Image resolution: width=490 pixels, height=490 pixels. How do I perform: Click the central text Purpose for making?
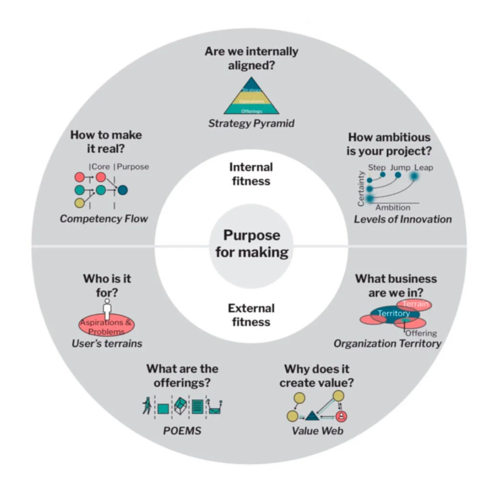pyautogui.click(x=251, y=244)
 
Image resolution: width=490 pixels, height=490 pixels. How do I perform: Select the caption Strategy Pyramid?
pyautogui.click(x=251, y=123)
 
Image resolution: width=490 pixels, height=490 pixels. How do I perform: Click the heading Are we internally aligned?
pyautogui.click(x=251, y=58)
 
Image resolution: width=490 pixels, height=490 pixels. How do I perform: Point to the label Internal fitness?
pyautogui.click(x=251, y=174)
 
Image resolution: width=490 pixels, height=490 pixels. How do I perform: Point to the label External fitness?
pyautogui.click(x=251, y=315)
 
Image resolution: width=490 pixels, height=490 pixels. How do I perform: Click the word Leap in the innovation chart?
pyautogui.click(x=423, y=167)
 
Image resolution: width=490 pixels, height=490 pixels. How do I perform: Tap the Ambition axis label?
pyautogui.click(x=392, y=208)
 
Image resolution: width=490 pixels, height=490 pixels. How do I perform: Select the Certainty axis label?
pyautogui.click(x=362, y=189)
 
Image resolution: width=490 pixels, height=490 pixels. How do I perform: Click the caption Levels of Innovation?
pyautogui.click(x=402, y=219)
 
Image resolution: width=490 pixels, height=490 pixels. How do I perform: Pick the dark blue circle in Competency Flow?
pyautogui.click(x=122, y=190)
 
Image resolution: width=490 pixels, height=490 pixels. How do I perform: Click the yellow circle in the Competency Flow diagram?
pyautogui.click(x=80, y=203)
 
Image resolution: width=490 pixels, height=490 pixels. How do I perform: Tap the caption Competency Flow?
pyautogui.click(x=104, y=219)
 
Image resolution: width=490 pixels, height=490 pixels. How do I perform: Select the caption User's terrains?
pyautogui.click(x=107, y=343)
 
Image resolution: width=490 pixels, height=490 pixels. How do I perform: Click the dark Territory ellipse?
pyautogui.click(x=394, y=314)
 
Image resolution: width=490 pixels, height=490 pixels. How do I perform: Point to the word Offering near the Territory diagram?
pyautogui.click(x=421, y=333)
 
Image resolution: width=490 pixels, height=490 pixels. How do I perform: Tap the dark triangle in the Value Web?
pyautogui.click(x=312, y=415)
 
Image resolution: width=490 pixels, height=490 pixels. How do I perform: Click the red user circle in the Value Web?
pyautogui.click(x=341, y=416)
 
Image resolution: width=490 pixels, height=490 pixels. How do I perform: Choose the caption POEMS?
pyautogui.click(x=182, y=431)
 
